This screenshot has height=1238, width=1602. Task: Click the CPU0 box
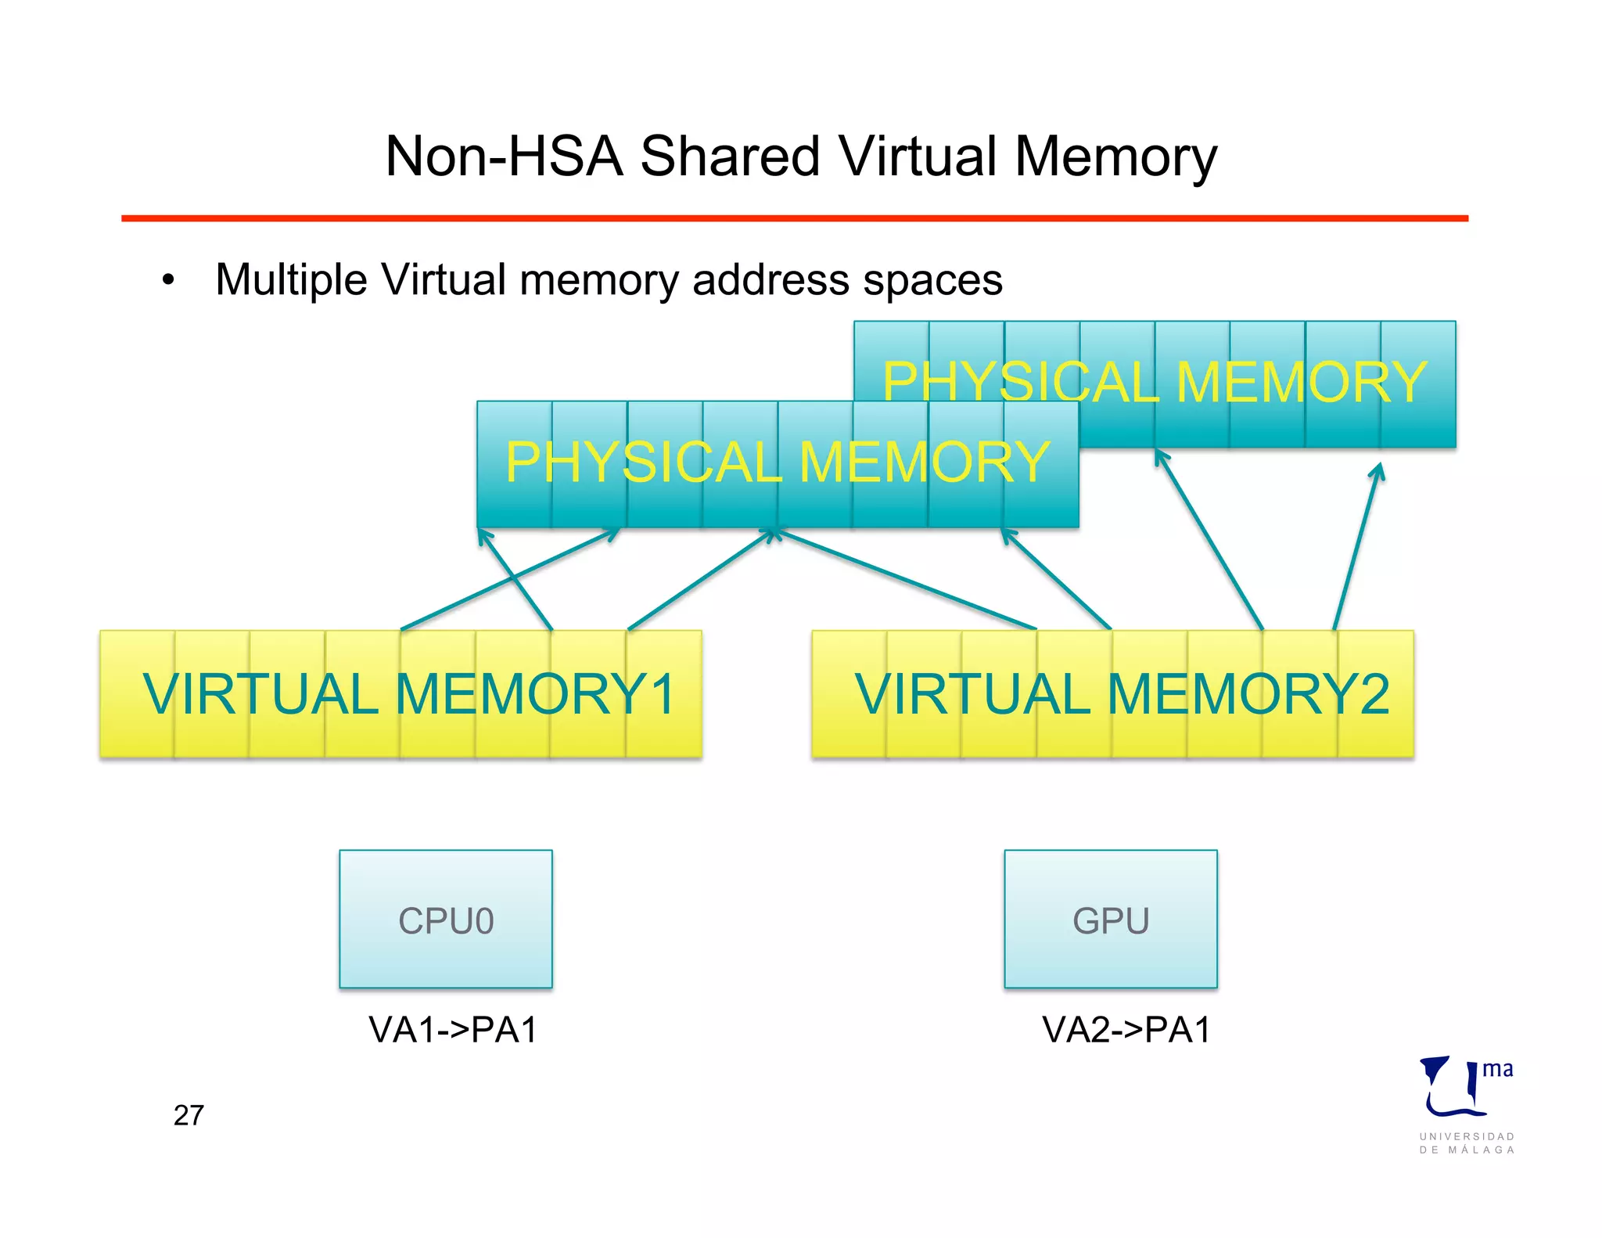pyautogui.click(x=446, y=919)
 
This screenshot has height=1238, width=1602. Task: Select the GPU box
pyautogui.click(x=1111, y=919)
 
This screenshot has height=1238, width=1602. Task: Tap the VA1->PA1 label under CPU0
pyautogui.click(x=454, y=1030)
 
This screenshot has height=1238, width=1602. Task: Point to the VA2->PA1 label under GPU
pyautogui.click(x=1126, y=1030)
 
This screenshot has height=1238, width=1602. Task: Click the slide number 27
pyautogui.click(x=189, y=1115)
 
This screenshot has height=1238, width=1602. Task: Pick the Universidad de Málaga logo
pyautogui.click(x=1466, y=1103)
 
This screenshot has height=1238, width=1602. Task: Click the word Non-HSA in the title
pyautogui.click(x=504, y=157)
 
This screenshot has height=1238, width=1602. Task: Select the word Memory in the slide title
pyautogui.click(x=1116, y=157)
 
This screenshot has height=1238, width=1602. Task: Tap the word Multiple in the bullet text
pyautogui.click(x=291, y=280)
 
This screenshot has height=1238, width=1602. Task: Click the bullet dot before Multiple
pyautogui.click(x=168, y=281)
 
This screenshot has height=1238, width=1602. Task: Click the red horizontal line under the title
pyautogui.click(x=794, y=218)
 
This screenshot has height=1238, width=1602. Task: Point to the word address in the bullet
pyautogui.click(x=770, y=280)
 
